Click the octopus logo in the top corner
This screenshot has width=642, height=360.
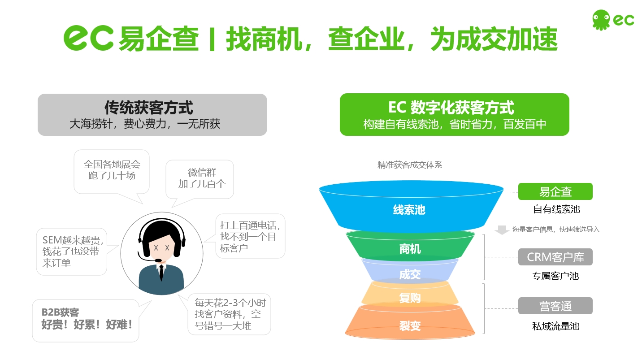coord(601,20)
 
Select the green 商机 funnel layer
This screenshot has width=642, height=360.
coord(410,247)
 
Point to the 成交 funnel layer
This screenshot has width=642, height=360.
coord(410,272)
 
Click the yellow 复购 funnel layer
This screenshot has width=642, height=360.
coord(410,295)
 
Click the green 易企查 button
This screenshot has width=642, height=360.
coord(555,191)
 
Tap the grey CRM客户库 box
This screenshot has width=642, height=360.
coord(555,257)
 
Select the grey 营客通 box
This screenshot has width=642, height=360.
coord(555,306)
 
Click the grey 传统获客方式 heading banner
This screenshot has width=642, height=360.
coord(152,115)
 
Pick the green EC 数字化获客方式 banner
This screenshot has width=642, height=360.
coord(454,115)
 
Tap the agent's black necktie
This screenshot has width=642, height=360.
coord(161,272)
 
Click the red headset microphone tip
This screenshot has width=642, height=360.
coord(158,260)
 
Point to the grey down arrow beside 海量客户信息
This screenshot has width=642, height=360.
coord(502,230)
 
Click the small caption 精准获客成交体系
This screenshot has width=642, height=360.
coord(410,165)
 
